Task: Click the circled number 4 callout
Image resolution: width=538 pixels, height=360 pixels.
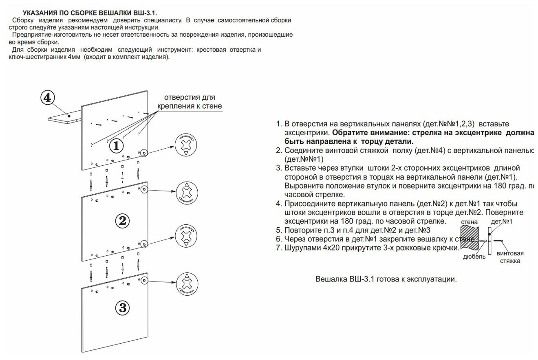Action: coord(47,98)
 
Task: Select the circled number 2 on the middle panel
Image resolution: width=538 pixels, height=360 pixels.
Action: coord(122,221)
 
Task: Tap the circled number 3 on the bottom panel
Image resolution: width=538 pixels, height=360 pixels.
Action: coord(122,308)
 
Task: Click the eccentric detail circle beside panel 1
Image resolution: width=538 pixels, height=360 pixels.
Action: coord(186,145)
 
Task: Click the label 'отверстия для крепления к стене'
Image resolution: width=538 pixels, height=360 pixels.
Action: coord(190,102)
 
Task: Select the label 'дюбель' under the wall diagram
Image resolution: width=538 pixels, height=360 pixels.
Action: coord(474,257)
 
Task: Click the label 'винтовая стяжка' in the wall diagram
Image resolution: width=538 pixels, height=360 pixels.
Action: coord(510,257)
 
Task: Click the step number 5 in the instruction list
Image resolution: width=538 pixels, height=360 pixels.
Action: coord(279,230)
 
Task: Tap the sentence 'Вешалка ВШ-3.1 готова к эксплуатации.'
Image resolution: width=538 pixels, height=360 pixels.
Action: coord(386,280)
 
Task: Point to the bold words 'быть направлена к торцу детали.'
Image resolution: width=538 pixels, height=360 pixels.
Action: coord(349,141)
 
